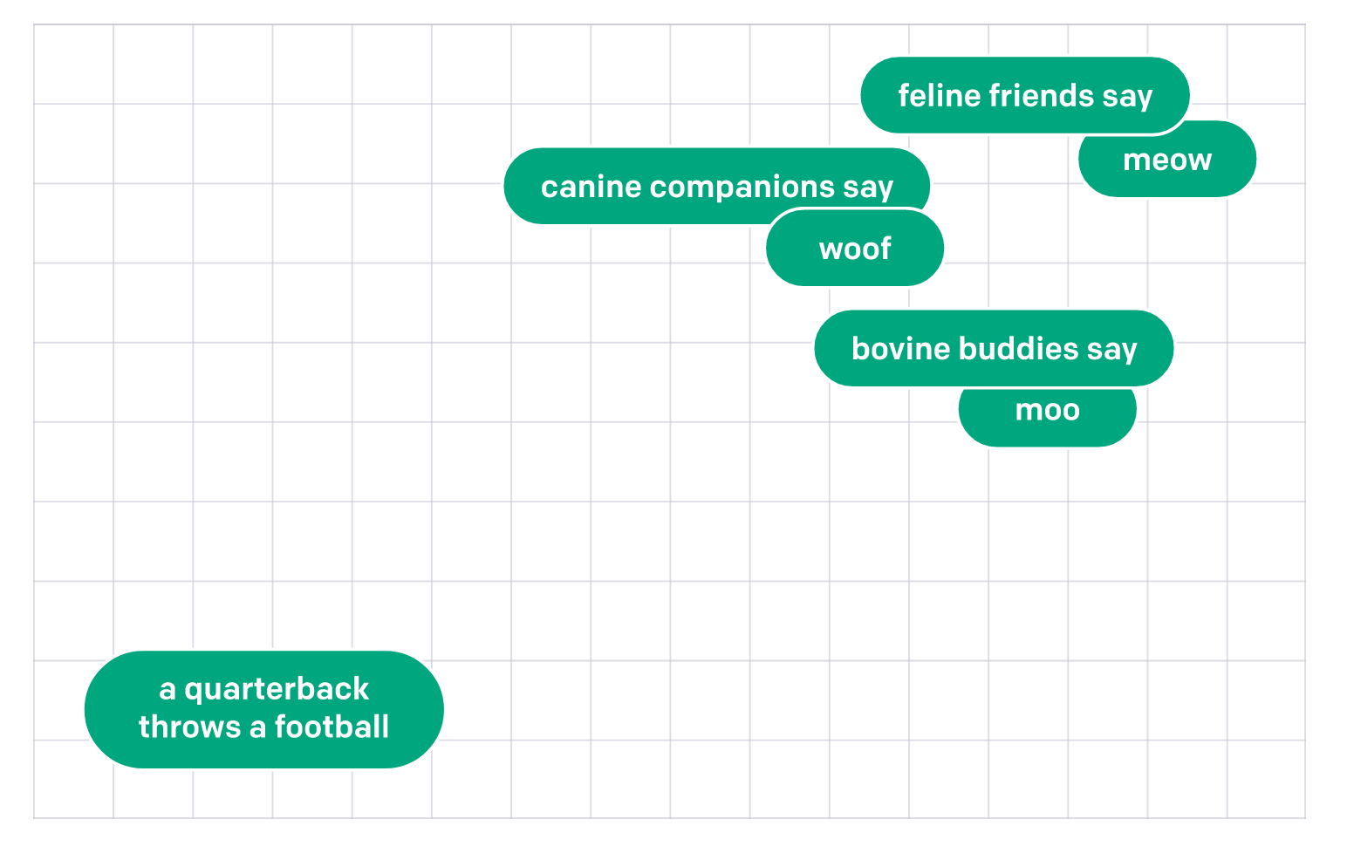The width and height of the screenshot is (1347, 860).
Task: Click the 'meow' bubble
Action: coord(1167,160)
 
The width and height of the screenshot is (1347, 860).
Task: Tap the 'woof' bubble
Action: coord(855,249)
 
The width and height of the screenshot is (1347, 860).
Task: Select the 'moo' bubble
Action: coord(1047,412)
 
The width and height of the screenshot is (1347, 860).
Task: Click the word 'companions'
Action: coord(742,187)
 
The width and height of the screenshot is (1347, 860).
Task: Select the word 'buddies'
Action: coord(1018,349)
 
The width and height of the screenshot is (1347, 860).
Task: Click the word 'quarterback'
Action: coord(277,690)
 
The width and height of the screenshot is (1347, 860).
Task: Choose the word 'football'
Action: coord(332,727)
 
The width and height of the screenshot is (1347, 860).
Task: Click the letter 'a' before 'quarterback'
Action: coord(168,690)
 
